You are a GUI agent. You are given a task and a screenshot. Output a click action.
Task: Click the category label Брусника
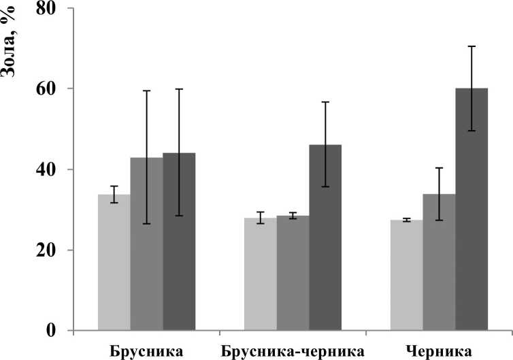point(146,351)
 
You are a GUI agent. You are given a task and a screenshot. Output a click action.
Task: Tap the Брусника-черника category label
point(293,351)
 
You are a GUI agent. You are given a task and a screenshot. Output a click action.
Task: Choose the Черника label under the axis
point(439,351)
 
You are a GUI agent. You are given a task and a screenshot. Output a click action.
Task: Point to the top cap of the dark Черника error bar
point(471,46)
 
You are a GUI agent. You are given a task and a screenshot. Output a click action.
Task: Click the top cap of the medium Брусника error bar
point(146,91)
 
